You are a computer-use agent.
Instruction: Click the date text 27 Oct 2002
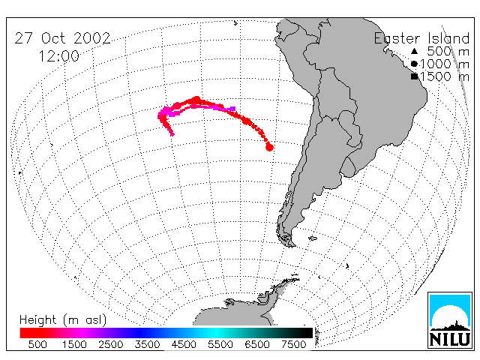click(62, 38)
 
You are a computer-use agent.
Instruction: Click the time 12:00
click(58, 56)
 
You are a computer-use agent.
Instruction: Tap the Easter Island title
click(421, 38)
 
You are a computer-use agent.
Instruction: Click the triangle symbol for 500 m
click(414, 51)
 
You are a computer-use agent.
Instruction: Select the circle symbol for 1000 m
click(414, 64)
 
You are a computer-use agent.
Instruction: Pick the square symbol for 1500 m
click(414, 76)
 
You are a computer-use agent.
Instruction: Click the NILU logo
click(450, 320)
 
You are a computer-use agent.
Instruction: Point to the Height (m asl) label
click(63, 320)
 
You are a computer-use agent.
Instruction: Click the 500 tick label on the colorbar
click(37, 344)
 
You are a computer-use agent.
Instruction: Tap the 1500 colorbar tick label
click(74, 344)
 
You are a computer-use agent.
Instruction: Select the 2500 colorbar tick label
click(110, 344)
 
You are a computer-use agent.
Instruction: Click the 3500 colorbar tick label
click(147, 344)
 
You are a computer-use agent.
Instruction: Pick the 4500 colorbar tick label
click(184, 344)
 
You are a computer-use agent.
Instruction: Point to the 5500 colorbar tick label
click(220, 344)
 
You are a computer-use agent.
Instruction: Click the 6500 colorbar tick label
click(257, 344)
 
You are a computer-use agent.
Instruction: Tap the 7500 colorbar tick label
click(293, 344)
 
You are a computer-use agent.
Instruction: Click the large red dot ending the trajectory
click(269, 148)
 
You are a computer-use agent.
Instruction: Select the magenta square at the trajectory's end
click(233, 109)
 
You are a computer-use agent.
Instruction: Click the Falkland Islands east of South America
click(313, 238)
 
